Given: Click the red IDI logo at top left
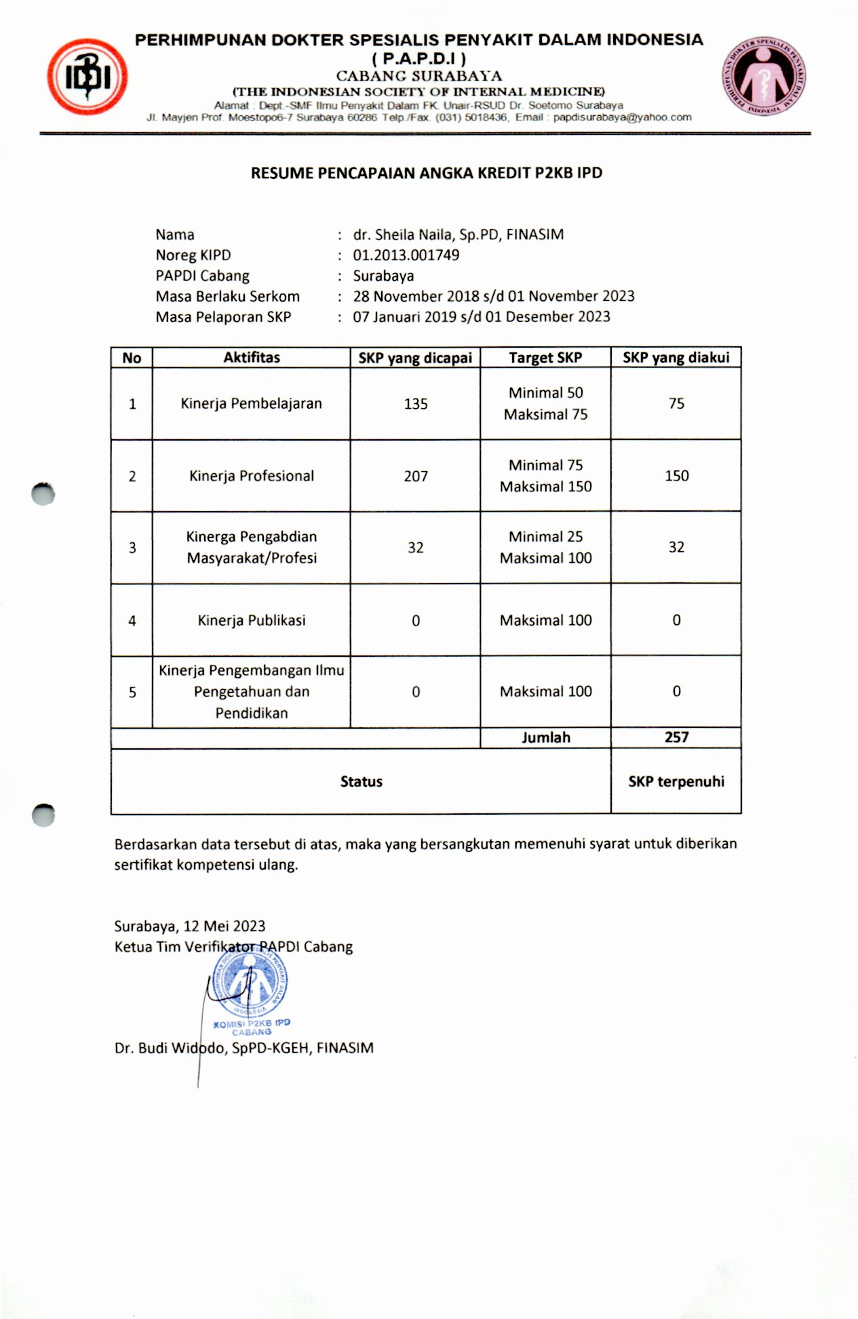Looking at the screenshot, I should [87, 77].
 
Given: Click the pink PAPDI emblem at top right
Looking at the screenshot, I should [764, 75].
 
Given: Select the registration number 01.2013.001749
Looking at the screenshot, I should [406, 256].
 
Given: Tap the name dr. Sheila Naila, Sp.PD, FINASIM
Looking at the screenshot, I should [458, 235].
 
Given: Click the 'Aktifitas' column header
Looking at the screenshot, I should [252, 358].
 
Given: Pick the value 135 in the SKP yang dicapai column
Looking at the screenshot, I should [415, 404].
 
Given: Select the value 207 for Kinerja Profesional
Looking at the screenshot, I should [415, 476].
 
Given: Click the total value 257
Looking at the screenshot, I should [676, 737].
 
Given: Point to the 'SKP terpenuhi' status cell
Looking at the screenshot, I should [676, 782].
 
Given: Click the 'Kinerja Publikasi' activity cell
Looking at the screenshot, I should [252, 620].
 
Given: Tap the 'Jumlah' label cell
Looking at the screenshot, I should [545, 737].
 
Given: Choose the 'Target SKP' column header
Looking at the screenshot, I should [545, 358].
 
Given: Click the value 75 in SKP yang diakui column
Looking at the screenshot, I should [676, 404].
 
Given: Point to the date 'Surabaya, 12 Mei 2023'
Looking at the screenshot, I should [189, 927].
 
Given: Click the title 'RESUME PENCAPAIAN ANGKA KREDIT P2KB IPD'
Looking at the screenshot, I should [426, 174].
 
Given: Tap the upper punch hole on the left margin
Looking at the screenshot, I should [43, 494].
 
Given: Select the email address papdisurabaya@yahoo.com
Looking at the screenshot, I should [622, 117].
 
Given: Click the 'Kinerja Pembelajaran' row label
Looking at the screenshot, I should [252, 404].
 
